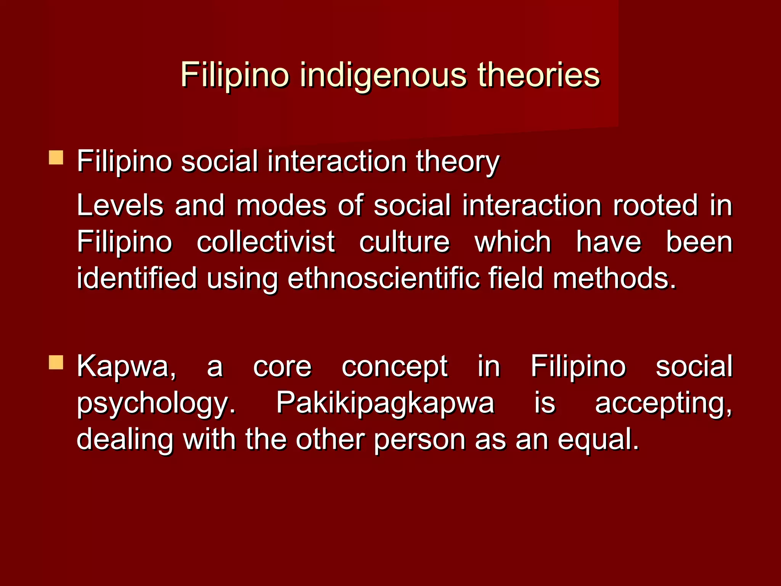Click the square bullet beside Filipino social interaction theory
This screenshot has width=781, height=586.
point(56,157)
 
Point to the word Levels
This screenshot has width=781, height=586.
point(120,205)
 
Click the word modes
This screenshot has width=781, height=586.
point(281,205)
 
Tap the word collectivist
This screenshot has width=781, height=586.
point(265,242)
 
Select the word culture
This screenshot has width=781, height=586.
point(405,242)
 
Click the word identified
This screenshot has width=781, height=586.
point(137,278)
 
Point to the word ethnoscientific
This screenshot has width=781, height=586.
point(383,278)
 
